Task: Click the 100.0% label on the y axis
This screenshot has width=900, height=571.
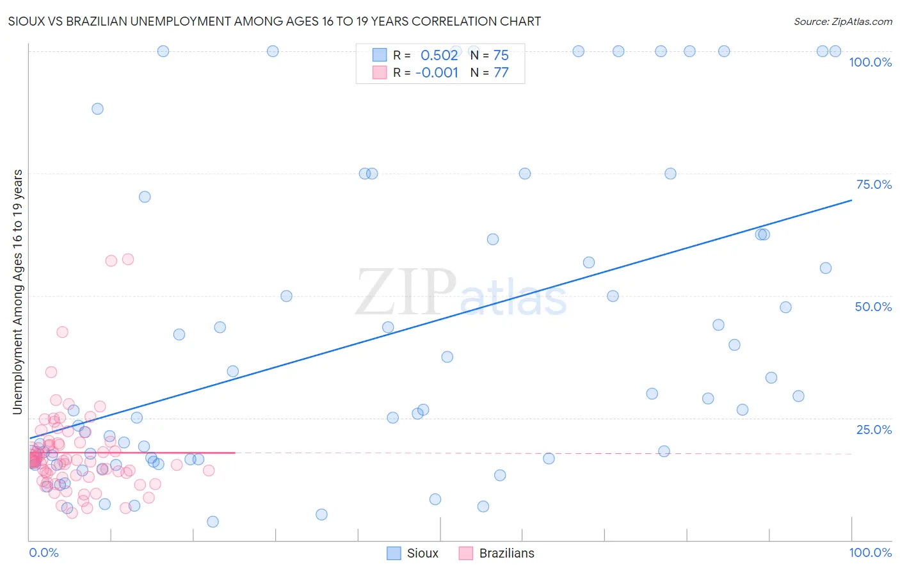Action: [x=870, y=62]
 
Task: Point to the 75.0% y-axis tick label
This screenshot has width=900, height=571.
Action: [x=874, y=184]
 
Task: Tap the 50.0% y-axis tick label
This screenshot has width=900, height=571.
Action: [x=873, y=307]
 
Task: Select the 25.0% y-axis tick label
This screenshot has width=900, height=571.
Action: [x=874, y=430]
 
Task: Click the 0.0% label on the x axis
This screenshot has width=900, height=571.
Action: [x=44, y=552]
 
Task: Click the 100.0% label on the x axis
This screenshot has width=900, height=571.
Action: [x=870, y=552]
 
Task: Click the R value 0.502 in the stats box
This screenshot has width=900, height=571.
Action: [x=439, y=55]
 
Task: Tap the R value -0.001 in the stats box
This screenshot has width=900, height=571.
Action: [x=437, y=72]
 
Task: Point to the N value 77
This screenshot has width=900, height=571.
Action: [x=501, y=72]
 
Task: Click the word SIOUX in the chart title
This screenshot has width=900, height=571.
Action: [x=26, y=21]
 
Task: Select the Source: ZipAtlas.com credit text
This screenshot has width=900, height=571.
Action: [x=842, y=21]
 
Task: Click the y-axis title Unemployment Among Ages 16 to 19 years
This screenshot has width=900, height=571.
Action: [x=18, y=292]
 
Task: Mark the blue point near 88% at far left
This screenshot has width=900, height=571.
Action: [x=97, y=109]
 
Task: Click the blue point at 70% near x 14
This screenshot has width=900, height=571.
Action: [x=145, y=197]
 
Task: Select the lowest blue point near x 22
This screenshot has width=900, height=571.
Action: [x=213, y=522]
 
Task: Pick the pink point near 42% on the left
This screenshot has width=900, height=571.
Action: [x=62, y=332]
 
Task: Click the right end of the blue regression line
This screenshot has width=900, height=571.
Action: [x=851, y=200]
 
